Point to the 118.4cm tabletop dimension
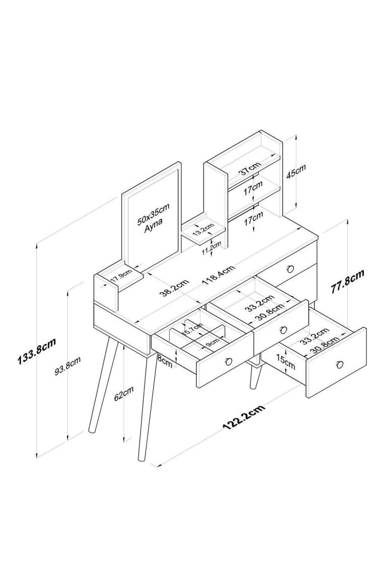[x=219, y=276]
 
